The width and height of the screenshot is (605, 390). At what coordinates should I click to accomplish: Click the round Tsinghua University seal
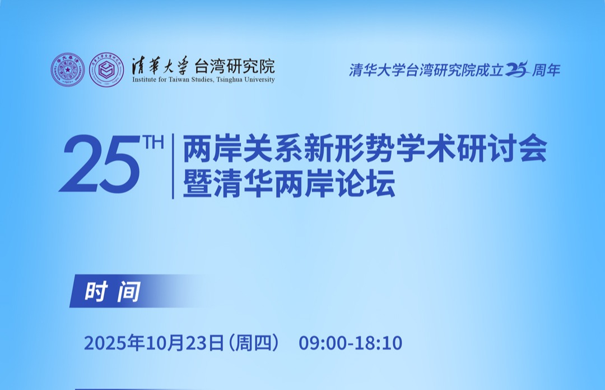(68, 70)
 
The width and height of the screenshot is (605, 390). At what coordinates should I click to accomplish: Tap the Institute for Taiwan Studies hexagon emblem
(106, 70)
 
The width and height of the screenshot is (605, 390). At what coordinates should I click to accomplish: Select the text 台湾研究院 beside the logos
(234, 66)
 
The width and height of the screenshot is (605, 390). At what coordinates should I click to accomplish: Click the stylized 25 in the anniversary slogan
(516, 69)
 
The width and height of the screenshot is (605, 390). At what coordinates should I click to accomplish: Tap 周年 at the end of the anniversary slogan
(546, 70)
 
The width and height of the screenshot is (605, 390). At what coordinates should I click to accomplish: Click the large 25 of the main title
(100, 164)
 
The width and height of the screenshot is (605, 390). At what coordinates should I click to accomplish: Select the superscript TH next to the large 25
(153, 142)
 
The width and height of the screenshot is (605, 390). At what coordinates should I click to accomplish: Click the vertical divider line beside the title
(173, 166)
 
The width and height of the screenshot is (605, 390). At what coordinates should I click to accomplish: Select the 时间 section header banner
(139, 291)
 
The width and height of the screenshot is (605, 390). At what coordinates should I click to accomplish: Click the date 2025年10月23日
(154, 343)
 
